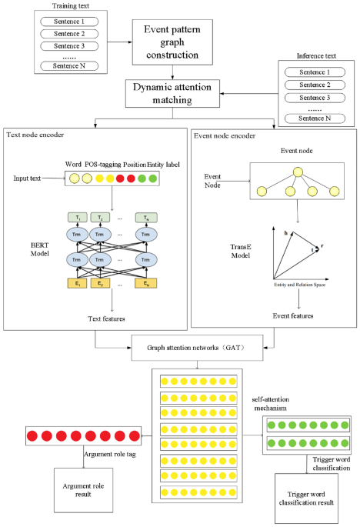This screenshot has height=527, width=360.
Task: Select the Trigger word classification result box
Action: tap(316, 498)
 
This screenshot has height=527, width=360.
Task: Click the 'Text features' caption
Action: tap(112, 318)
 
